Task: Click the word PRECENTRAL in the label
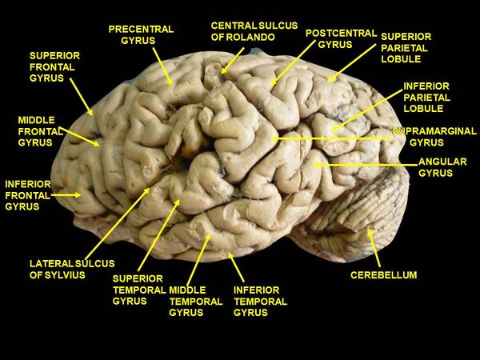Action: tap(141, 30)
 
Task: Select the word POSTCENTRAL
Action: tap(341, 33)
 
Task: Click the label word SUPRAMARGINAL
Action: tap(434, 131)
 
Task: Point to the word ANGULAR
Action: tap(442, 162)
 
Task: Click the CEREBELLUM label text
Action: tap(383, 275)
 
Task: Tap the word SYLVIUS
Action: tap(65, 275)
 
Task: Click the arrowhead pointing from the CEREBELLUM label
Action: tap(370, 234)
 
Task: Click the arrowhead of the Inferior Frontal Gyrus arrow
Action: tap(78, 195)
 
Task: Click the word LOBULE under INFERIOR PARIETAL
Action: tap(423, 108)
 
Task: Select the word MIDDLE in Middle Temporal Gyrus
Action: tap(187, 290)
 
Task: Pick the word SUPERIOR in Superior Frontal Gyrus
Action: tap(54, 56)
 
